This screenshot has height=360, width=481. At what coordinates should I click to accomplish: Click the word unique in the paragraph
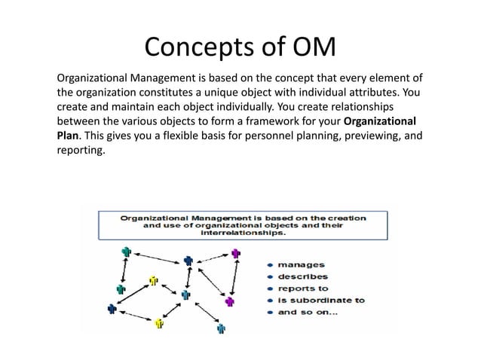tap(238, 93)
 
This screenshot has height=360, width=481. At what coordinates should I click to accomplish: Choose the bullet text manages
tap(302, 264)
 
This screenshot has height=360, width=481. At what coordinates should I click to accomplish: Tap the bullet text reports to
tap(303, 288)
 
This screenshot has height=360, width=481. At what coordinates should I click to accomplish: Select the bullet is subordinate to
tap(321, 299)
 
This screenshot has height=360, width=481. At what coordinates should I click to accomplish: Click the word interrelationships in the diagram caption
tap(244, 233)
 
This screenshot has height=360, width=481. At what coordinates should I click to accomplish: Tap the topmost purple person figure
tap(236, 255)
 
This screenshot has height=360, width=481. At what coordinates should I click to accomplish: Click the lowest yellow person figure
tap(159, 323)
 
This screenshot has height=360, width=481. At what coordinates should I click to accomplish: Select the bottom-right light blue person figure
tap(221, 328)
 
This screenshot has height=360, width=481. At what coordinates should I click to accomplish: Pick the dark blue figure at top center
tap(188, 261)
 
